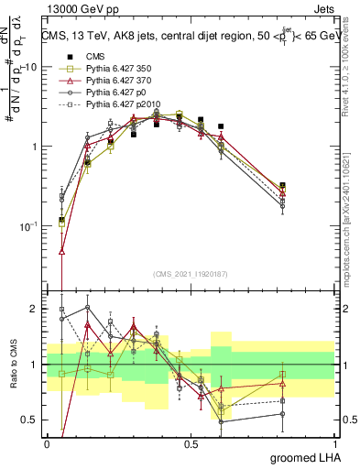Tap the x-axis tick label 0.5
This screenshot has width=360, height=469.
coord(191,443)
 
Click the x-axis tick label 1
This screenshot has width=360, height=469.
coord(333,443)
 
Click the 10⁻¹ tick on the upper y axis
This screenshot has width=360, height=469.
coord(30,225)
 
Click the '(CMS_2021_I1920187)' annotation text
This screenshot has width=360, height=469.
coord(191,274)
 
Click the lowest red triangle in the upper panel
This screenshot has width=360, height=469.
coord(61,250)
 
